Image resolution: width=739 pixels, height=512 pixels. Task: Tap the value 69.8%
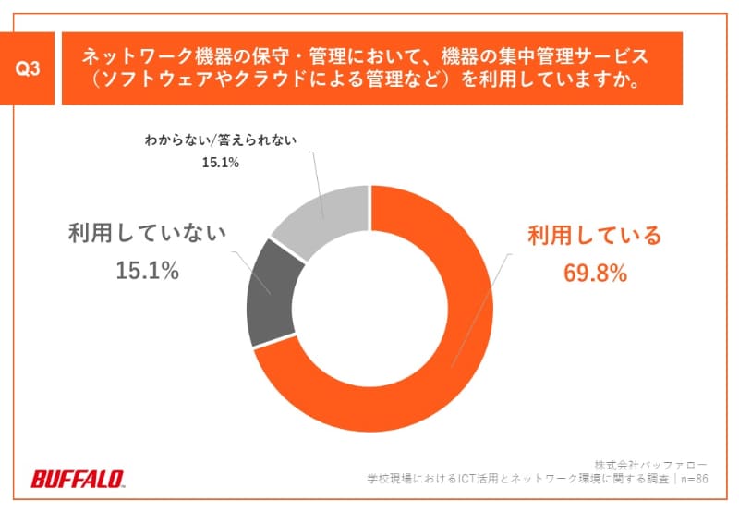tap(594, 273)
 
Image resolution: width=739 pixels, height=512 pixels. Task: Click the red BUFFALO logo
tap(79, 479)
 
